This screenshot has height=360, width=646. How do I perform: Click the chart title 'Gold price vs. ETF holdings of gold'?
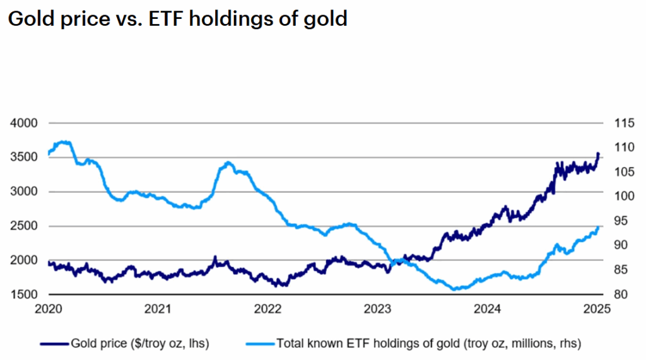pyautogui.click(x=177, y=18)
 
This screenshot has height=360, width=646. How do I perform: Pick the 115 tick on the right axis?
pyautogui.click(x=616, y=123)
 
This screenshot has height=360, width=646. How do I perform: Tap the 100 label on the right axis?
pyautogui.click(x=616, y=196)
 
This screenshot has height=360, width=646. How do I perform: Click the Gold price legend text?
pyautogui.click(x=139, y=344)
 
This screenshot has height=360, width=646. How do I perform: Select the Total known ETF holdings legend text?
pyautogui.click(x=428, y=344)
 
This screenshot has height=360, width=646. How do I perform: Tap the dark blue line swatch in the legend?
pyautogui.click(x=54, y=344)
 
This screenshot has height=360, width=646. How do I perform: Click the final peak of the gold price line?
pyautogui.click(x=597, y=153)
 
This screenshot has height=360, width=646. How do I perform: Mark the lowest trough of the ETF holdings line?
pyautogui.click(x=455, y=289)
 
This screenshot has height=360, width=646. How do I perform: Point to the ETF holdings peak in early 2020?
pyautogui.click(x=62, y=142)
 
